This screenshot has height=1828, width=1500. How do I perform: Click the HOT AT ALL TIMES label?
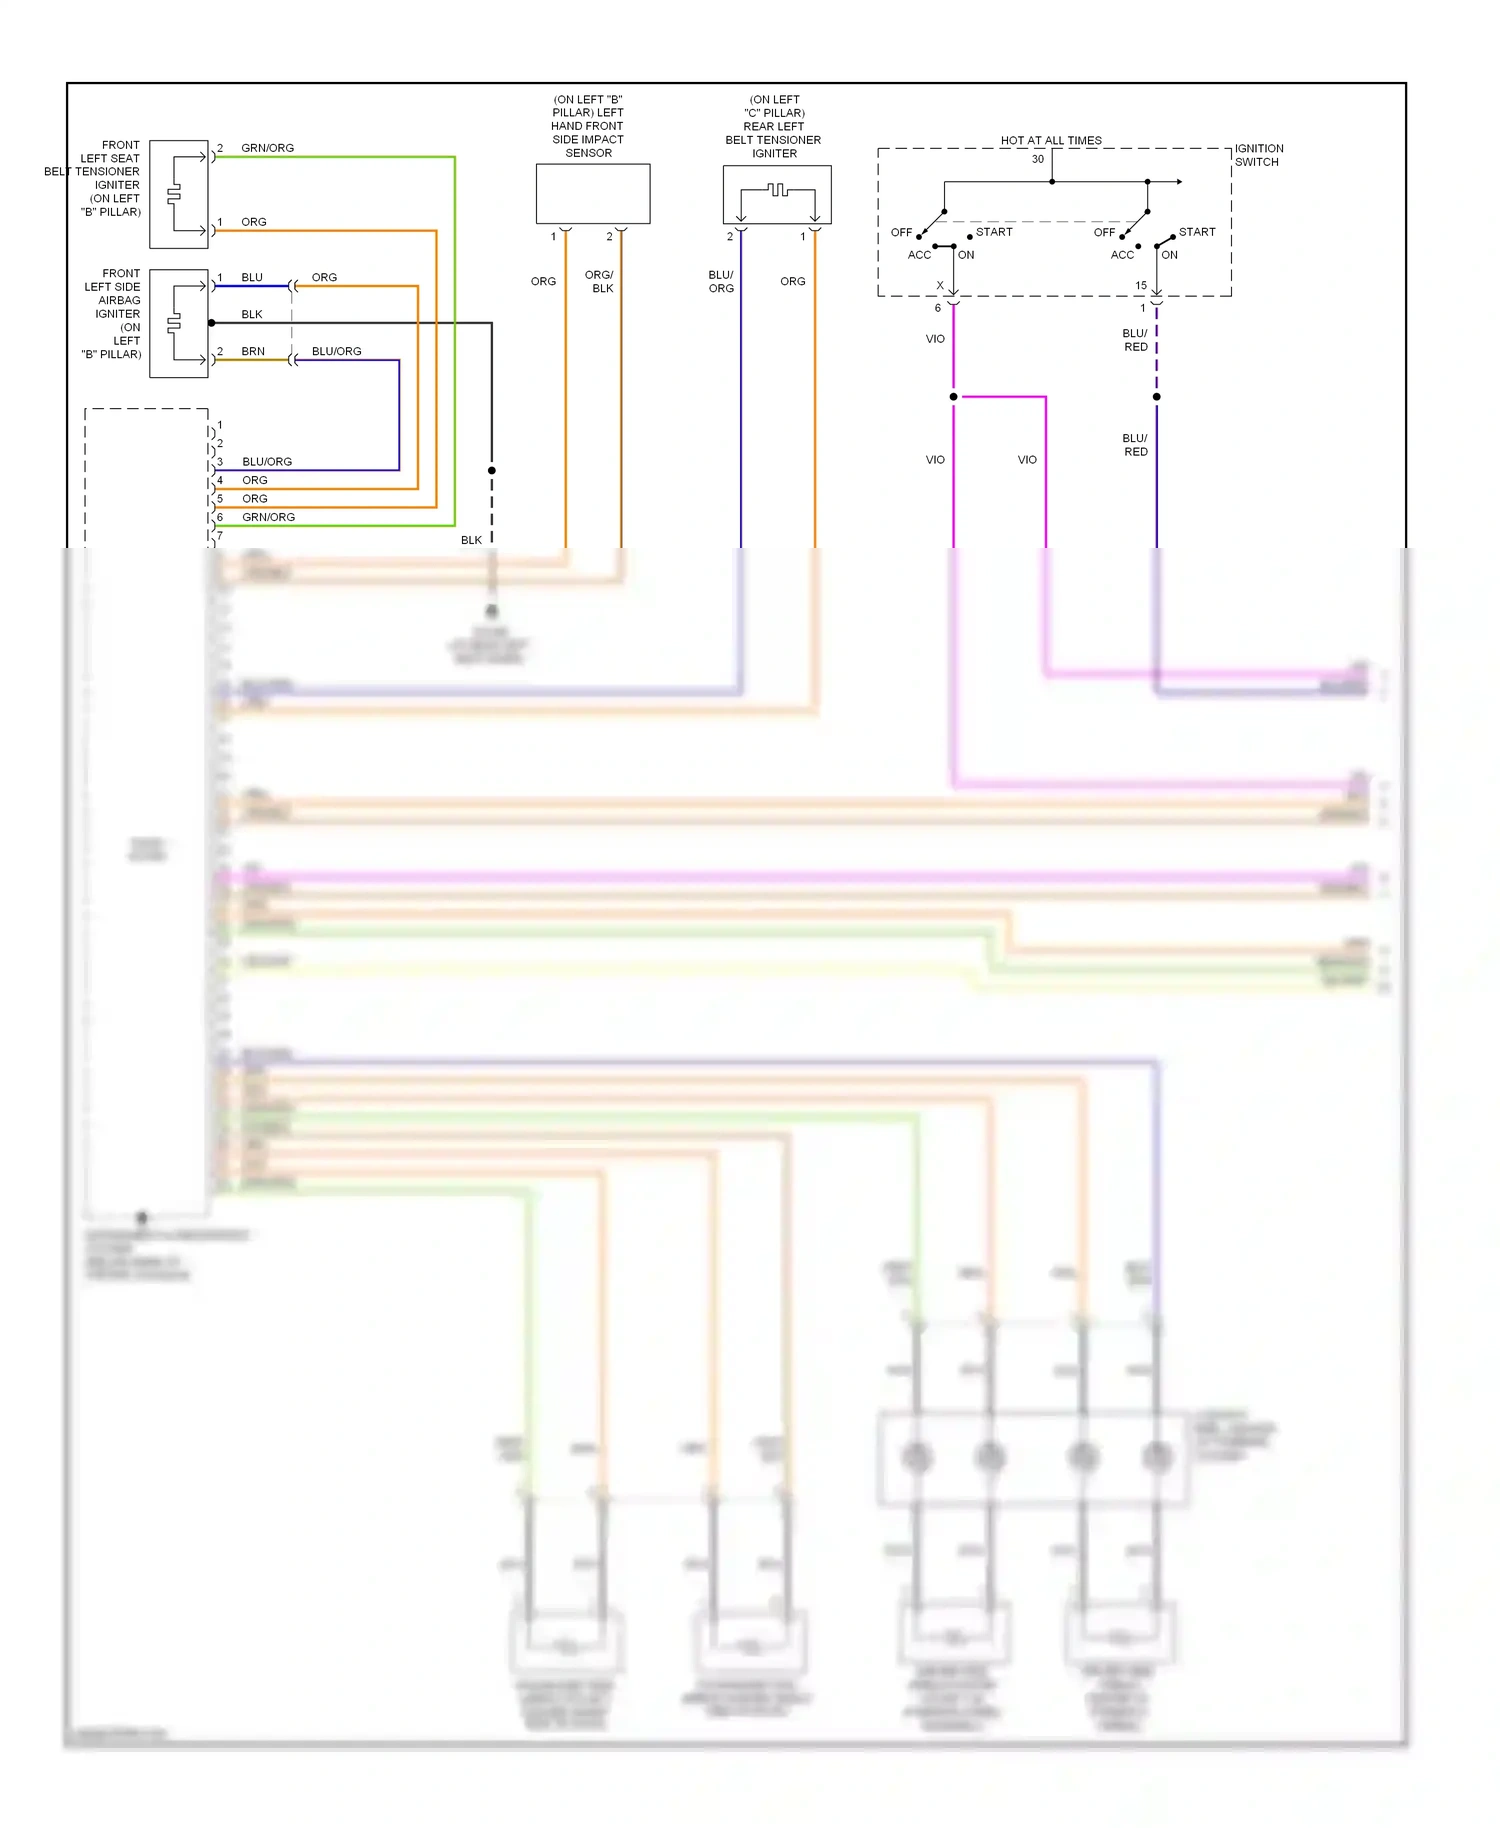coord(1051,140)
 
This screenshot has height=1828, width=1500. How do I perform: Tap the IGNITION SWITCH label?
coord(1258,155)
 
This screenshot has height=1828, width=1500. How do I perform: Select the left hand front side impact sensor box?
coord(593,194)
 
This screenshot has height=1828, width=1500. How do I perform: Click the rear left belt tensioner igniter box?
coord(777,195)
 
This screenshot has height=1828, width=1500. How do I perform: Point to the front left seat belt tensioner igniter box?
coord(179,194)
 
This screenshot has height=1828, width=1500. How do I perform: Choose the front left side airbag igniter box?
coord(179,323)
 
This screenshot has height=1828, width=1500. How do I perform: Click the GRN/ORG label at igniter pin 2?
coord(267,148)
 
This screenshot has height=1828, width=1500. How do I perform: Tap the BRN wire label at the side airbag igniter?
coord(253,351)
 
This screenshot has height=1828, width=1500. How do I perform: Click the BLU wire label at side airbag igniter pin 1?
coord(252,277)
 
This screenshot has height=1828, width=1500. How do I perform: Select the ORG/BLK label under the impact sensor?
coord(600,281)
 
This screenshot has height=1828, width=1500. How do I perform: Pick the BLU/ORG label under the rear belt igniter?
coord(721,281)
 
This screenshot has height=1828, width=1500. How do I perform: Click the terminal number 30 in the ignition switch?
coord(1038,159)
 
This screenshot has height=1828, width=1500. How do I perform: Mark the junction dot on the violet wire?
coord(953,397)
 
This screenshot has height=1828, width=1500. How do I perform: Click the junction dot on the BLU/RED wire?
coord(1157,397)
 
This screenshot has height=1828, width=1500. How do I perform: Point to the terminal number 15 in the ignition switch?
coord(1141,285)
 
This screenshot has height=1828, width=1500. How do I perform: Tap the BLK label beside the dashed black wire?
coord(471,540)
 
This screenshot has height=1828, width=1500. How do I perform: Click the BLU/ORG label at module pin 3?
coord(267,462)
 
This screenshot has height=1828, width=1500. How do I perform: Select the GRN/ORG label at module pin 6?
coord(268,517)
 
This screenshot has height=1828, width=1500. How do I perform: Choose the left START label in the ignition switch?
coord(994,232)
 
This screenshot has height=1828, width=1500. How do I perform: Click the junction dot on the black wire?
coord(492,470)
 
